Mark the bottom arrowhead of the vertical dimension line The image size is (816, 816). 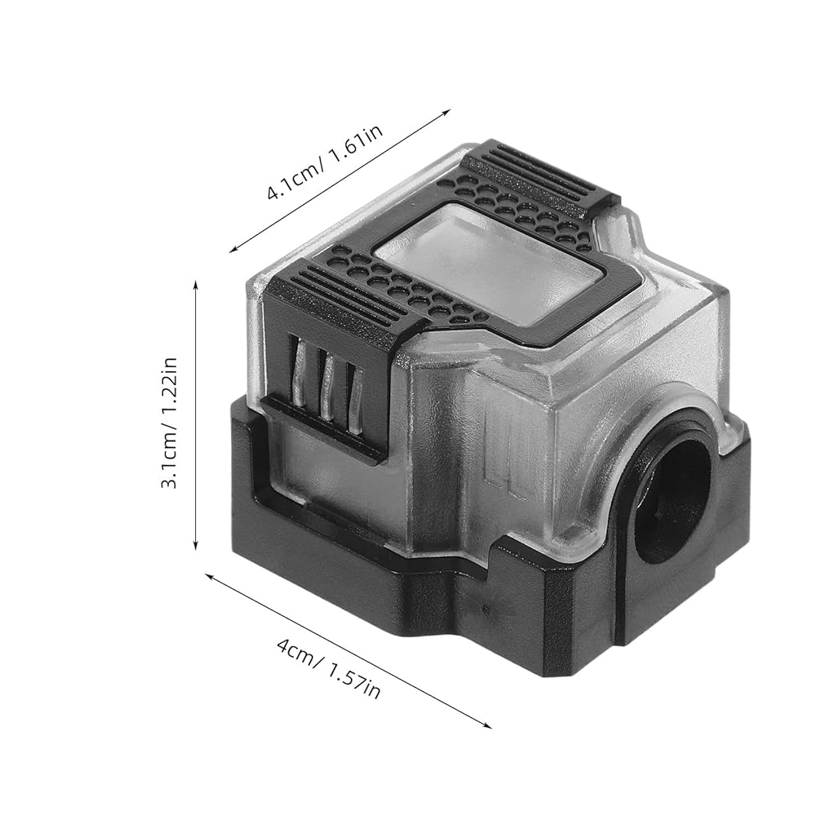[x=196, y=544]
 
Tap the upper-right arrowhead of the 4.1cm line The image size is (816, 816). [x=446, y=112]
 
